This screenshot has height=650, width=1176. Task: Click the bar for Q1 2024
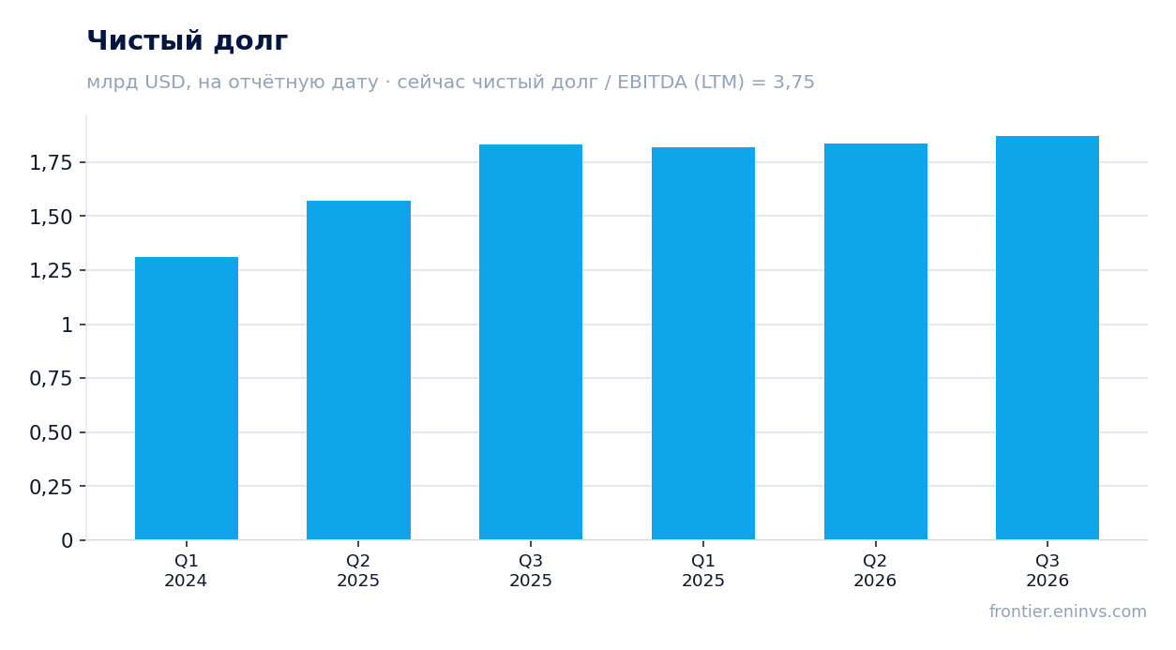tap(187, 399)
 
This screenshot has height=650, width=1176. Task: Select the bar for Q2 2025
tap(358, 370)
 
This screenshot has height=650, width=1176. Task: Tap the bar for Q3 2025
tap(531, 341)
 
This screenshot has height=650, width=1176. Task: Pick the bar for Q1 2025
tap(703, 343)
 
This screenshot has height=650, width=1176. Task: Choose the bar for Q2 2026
tap(876, 341)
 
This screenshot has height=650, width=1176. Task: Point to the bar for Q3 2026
tap(1048, 338)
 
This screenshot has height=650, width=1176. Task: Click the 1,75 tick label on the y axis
tap(51, 163)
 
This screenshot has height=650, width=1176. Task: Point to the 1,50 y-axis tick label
tap(51, 217)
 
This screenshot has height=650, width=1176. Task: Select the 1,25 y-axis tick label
tap(51, 271)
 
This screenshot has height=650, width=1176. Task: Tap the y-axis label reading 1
tap(68, 325)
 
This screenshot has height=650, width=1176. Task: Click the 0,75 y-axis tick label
tap(51, 379)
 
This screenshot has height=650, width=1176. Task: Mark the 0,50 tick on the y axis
tap(51, 432)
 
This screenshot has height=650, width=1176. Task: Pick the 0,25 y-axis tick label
tap(51, 487)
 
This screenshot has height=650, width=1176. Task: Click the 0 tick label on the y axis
tap(68, 541)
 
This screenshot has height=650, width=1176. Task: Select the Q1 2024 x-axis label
tap(186, 570)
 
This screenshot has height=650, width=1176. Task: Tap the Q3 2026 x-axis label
tap(1048, 570)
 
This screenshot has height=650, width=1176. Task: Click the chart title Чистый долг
tap(187, 41)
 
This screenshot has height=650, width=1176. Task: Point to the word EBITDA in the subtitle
tap(652, 82)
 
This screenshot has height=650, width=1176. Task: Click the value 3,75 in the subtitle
tap(793, 83)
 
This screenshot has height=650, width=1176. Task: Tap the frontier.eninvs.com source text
tap(1068, 612)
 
